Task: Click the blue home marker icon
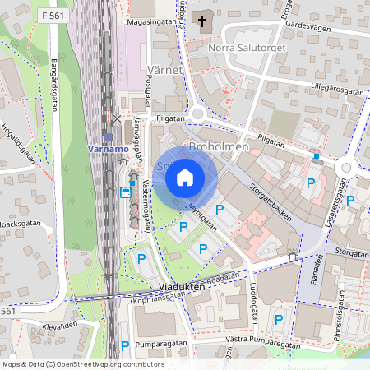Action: coord(185,178)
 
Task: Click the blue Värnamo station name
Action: coord(107,150)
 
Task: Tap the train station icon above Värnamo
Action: coord(109,136)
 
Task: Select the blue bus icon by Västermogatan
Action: coord(125,193)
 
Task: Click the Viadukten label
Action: coord(178,289)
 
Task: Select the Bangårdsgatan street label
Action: coord(51,81)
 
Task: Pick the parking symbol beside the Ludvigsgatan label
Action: coord(279,319)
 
